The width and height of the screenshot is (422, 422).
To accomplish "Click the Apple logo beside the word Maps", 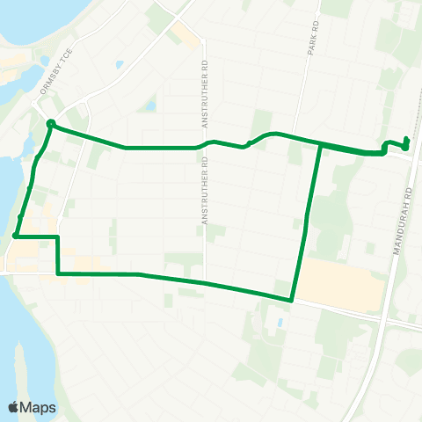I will (x=15, y=407).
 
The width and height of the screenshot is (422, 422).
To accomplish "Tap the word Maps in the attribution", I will (x=40, y=407).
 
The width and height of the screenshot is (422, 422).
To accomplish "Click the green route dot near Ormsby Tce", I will (x=51, y=123).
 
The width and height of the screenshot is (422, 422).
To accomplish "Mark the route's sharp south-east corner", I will (x=291, y=300).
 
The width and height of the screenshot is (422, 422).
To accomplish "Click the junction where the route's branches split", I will (x=317, y=144).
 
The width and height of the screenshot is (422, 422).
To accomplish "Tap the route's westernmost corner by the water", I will (x=17, y=236).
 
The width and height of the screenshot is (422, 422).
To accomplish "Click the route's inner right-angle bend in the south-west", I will (x=58, y=273).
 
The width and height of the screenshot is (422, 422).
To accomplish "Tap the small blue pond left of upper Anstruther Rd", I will (x=150, y=106).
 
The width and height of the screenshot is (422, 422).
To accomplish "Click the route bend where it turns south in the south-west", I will (x=58, y=236).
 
